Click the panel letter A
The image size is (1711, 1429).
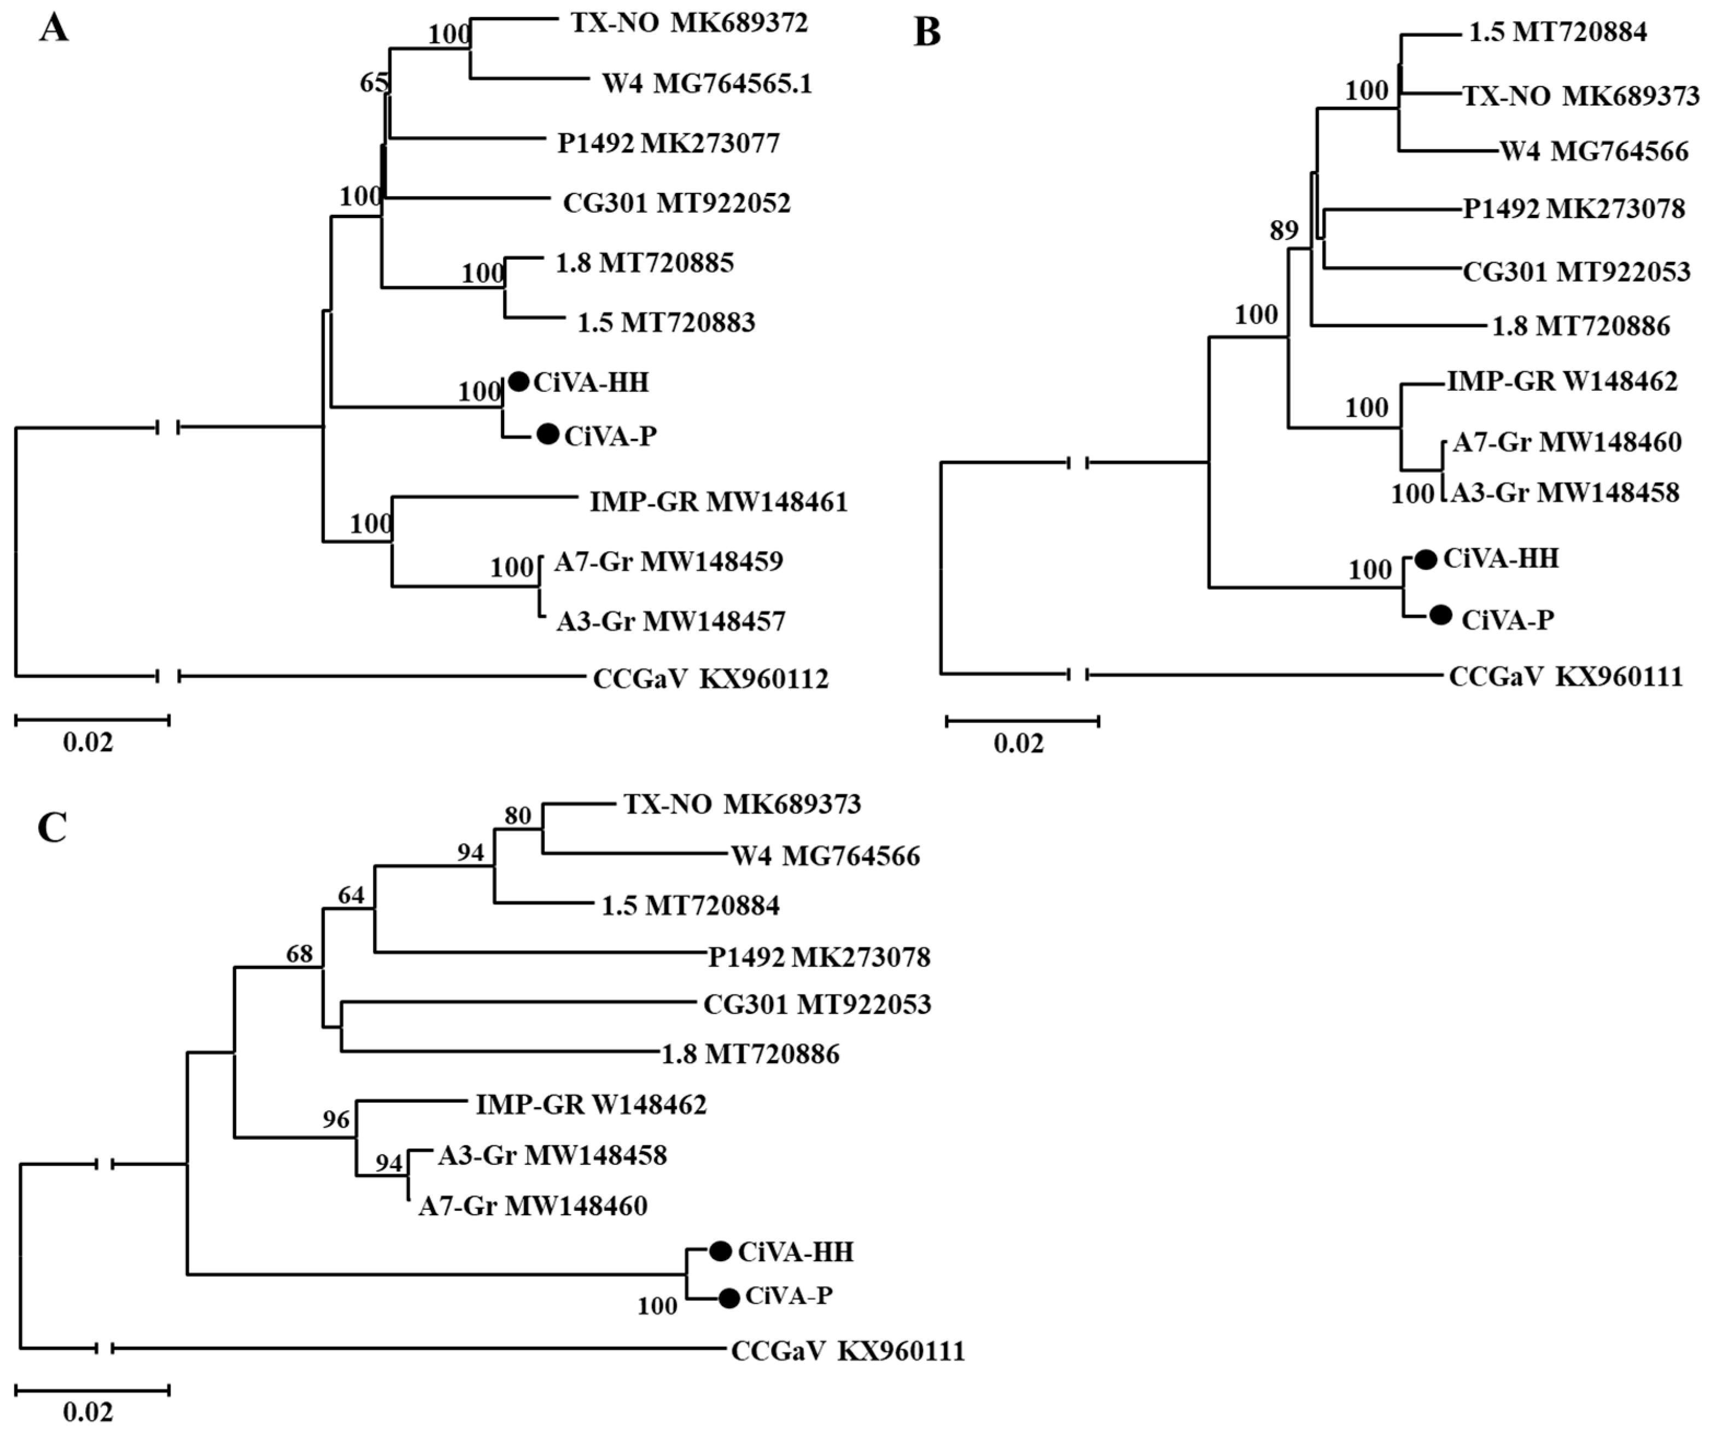pyautogui.click(x=54, y=30)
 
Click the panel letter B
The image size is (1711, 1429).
pyautogui.click(x=927, y=33)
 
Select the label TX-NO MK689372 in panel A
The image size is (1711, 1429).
pyautogui.click(x=688, y=23)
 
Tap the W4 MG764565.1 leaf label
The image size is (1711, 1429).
pyautogui.click(x=706, y=83)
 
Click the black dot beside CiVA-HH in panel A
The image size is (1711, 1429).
pyautogui.click(x=519, y=381)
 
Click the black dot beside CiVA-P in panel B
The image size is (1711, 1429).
pyautogui.click(x=1440, y=615)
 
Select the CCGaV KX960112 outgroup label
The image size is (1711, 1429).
pyautogui.click(x=710, y=678)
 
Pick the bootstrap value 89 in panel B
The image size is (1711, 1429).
pyautogui.click(x=1284, y=231)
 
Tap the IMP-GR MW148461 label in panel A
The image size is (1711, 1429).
pyautogui.click(x=719, y=501)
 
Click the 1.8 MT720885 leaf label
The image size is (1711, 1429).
pyautogui.click(x=645, y=262)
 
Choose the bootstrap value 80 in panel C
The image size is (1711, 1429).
pyautogui.click(x=518, y=816)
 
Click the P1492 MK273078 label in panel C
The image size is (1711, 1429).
pyautogui.click(x=819, y=957)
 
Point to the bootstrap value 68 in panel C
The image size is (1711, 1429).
pyautogui.click(x=299, y=953)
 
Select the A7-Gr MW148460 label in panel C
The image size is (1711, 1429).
pyautogui.click(x=533, y=1206)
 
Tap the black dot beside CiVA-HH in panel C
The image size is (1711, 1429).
pyautogui.click(x=720, y=1251)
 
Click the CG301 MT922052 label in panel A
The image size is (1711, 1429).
pyautogui.click(x=676, y=203)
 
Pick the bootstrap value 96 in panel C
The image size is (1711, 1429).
pyautogui.click(x=336, y=1120)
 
